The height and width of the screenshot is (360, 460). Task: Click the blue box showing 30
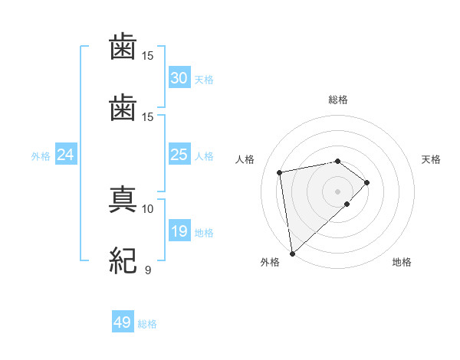179,78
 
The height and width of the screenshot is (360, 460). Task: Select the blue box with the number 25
179,155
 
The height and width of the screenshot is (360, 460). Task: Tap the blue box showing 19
179,231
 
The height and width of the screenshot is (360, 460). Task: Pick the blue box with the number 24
66,155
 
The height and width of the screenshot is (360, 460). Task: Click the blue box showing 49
123,322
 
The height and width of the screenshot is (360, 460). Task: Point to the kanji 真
123,198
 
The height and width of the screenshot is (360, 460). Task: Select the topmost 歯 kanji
123,47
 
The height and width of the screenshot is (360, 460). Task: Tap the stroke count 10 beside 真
147,208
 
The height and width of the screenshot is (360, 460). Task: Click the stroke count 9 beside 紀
147,270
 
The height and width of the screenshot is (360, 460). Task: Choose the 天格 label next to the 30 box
204,80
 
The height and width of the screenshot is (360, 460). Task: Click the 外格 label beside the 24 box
41,156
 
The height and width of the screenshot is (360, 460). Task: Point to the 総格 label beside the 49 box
147,324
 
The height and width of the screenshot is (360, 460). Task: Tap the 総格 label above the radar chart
338,99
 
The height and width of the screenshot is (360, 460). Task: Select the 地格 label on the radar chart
402,262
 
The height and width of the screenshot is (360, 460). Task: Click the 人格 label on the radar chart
246,159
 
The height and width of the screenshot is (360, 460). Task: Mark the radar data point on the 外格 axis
292,253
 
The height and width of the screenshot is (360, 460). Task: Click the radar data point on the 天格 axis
367,182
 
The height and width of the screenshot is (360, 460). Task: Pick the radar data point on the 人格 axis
280,172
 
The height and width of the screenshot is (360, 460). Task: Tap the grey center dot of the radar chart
338,191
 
